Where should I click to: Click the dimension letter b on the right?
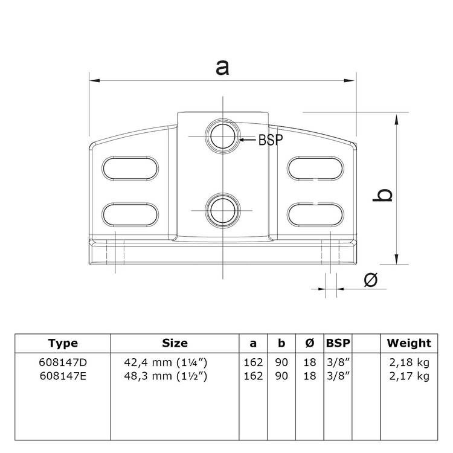(x=383, y=195)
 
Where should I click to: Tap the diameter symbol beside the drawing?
(x=371, y=280)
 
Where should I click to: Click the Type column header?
(x=63, y=343)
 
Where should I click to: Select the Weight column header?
(x=409, y=343)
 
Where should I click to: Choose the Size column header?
(x=175, y=343)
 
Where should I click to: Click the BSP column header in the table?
(x=338, y=343)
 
